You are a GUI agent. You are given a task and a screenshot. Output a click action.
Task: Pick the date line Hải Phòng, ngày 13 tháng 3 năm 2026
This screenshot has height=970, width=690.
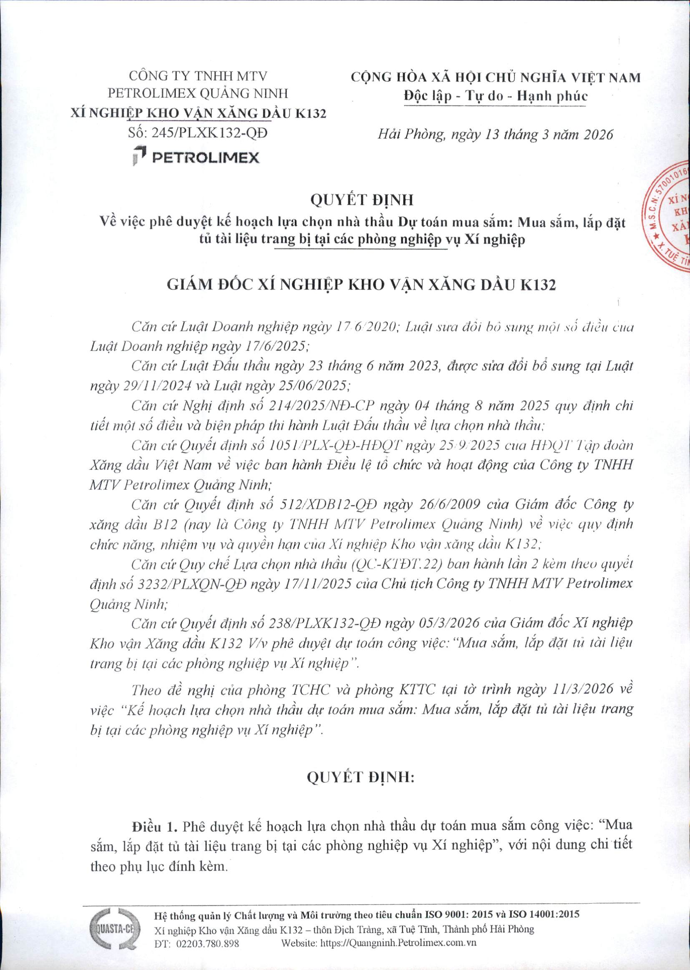[x=496, y=135]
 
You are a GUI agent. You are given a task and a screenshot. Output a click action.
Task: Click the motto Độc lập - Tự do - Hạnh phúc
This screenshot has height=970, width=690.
[x=496, y=96]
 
